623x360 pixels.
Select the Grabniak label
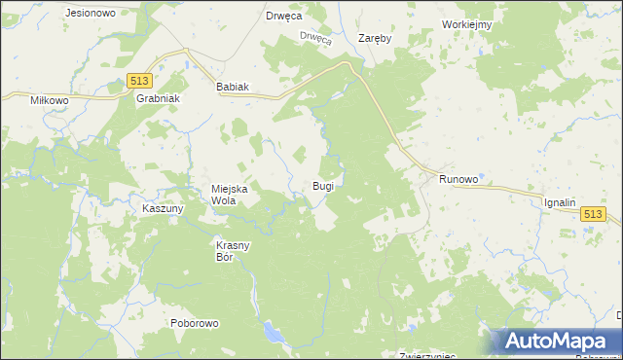(x=158, y=99)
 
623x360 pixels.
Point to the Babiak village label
(x=233, y=87)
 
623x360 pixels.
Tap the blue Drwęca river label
(x=315, y=38)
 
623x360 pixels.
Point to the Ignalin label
(x=561, y=202)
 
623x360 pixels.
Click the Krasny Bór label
(x=234, y=251)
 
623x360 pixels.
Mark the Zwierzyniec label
(x=428, y=356)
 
